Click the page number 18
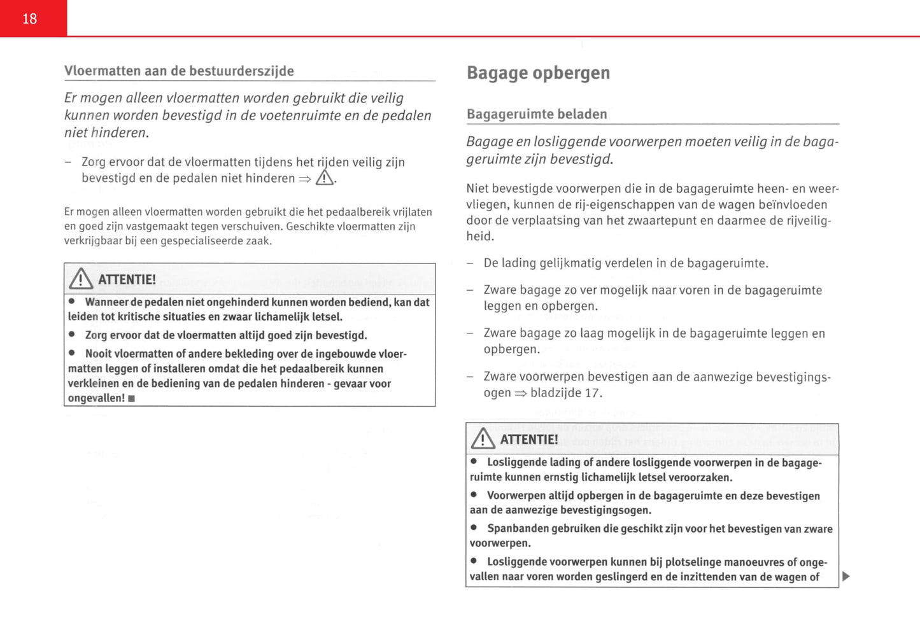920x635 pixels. (30, 19)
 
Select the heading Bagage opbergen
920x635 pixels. (538, 73)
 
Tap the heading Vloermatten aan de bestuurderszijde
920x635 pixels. (179, 71)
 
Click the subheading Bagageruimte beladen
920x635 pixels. (537, 115)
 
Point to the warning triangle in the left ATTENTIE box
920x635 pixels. (81, 279)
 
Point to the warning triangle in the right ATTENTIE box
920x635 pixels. (483, 439)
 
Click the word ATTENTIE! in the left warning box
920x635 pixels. (127, 280)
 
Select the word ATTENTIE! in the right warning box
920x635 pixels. (529, 440)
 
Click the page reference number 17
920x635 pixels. (592, 393)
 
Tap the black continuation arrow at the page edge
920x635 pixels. (846, 576)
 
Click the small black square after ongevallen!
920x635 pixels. (132, 399)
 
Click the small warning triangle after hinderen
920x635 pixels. (325, 178)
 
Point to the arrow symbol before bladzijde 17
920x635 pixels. (521, 393)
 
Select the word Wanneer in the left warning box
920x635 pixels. (106, 302)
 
